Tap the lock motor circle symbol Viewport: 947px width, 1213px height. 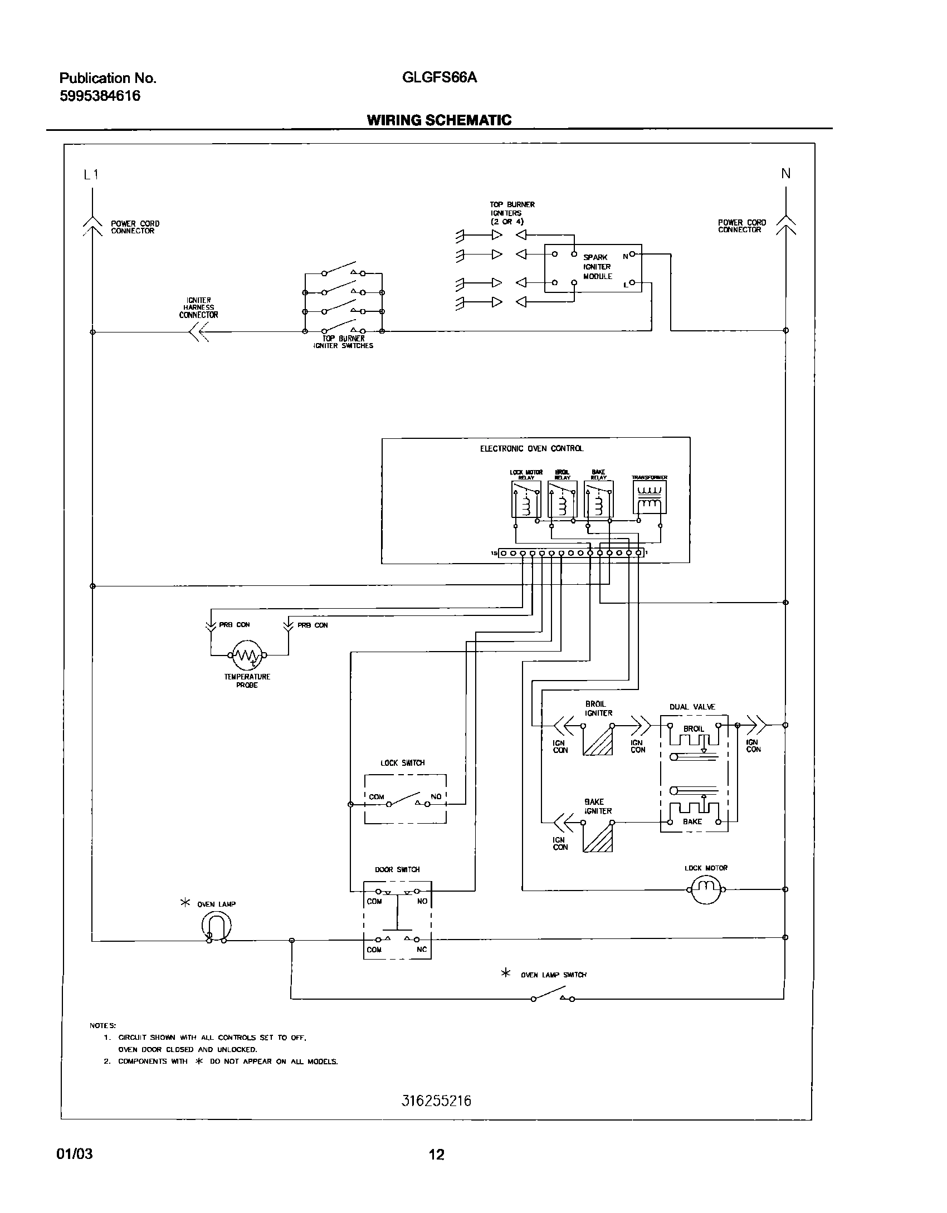point(706,889)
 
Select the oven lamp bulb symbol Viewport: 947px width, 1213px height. point(216,927)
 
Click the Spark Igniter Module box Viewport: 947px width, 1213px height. point(593,268)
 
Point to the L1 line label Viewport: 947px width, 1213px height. point(91,175)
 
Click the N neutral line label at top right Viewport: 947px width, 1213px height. point(785,174)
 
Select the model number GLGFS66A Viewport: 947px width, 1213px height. point(440,78)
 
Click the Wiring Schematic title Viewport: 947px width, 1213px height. point(439,120)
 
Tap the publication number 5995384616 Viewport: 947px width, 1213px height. point(100,96)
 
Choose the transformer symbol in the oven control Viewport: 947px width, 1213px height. point(650,497)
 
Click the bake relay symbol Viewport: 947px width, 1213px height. point(599,500)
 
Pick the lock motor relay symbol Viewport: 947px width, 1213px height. point(526,500)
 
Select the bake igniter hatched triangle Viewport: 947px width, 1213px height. point(598,838)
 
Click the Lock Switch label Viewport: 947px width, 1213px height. point(402,763)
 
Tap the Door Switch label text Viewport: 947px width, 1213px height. point(397,869)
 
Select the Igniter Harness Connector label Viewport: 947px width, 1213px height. point(198,307)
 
